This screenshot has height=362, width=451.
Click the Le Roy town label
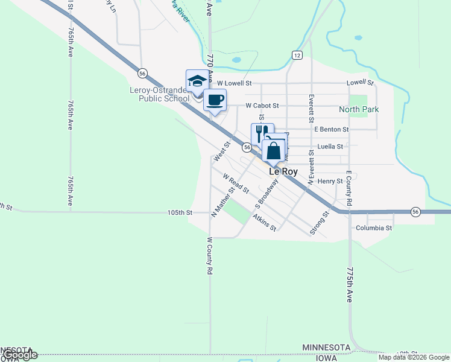[283, 171]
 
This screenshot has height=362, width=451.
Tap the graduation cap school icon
[197, 81]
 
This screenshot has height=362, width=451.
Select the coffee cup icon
[214, 100]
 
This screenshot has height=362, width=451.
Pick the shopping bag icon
[273, 150]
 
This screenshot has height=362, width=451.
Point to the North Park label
[359, 109]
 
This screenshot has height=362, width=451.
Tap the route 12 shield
[297, 55]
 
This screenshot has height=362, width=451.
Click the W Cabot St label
[262, 106]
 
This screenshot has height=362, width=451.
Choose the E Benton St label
[331, 129]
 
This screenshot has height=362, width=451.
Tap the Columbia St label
[374, 228]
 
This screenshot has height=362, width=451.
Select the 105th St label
[180, 213]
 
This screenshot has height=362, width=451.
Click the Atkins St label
[265, 223]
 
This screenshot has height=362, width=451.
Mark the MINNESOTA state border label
[326, 348]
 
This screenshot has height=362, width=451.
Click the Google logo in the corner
[20, 355]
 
